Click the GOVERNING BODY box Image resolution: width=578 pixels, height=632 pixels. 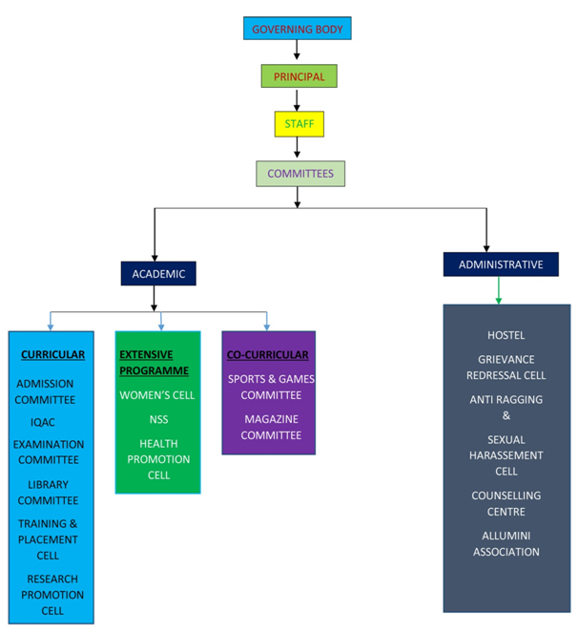tap(298, 29)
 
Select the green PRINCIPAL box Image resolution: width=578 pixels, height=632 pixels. tap(299, 76)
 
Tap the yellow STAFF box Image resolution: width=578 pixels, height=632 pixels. tap(299, 124)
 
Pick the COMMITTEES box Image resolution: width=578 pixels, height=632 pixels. tap(299, 174)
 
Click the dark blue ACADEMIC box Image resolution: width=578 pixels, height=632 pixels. tap(158, 274)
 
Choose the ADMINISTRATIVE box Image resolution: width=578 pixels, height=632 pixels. tap(501, 264)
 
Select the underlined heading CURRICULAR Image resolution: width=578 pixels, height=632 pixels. tap(52, 355)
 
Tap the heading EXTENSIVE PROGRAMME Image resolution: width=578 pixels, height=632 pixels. tap(154, 363)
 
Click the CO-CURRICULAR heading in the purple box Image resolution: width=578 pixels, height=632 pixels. tap(267, 355)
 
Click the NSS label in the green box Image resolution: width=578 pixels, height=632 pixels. tap(158, 419)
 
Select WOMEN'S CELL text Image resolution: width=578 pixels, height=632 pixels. tap(158, 394)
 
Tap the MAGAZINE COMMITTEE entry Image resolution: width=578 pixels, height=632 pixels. tap(271, 427)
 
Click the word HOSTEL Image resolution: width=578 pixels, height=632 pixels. tap(506, 335)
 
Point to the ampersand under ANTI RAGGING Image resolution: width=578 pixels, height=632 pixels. tap(506, 415)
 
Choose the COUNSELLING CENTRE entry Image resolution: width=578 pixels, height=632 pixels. tap(506, 503)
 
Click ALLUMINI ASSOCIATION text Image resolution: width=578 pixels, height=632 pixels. tap(506, 543)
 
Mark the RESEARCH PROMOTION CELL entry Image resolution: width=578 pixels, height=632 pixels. tap(52, 594)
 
